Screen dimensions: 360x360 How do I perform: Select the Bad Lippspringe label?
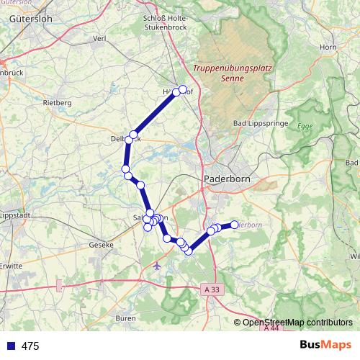click(x=258, y=124)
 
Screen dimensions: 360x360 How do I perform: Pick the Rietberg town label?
click(x=58, y=103)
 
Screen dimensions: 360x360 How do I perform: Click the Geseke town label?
click(x=102, y=245)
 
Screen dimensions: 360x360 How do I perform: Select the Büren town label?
click(x=125, y=318)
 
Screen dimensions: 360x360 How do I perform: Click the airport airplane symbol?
click(x=158, y=266)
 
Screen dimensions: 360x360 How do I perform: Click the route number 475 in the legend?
click(x=30, y=346)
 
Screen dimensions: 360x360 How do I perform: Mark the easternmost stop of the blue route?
click(x=234, y=225)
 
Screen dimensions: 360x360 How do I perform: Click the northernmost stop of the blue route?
click(x=183, y=89)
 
